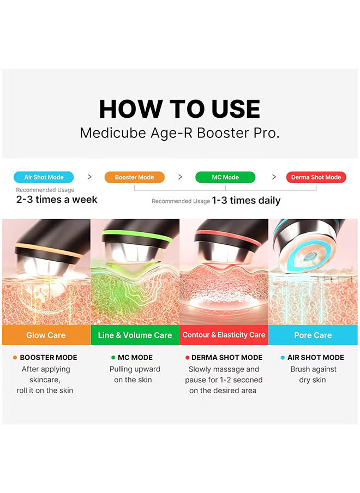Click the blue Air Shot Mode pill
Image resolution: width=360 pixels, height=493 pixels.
point(44,177)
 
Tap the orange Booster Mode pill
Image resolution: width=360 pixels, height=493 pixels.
point(135,177)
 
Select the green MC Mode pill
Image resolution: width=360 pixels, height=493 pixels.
point(225,177)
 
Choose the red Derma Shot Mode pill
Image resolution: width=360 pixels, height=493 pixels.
point(316,177)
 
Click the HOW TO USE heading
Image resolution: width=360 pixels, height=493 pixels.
point(180,109)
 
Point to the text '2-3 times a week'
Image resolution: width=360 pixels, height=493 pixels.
point(57,200)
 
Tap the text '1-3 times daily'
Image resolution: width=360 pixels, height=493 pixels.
point(246,200)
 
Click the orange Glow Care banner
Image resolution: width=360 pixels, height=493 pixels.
point(46,335)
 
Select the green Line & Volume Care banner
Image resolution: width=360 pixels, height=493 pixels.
point(135,335)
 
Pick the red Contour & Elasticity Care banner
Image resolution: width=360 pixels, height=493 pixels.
point(224,335)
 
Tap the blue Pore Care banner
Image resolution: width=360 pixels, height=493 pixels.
point(313,335)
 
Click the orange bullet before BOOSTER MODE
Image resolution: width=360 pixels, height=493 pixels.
point(15,358)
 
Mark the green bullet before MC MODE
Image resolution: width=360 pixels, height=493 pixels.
point(113,358)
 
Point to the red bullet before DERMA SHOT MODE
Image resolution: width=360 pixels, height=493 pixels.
point(188,358)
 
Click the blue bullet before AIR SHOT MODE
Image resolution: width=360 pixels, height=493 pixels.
point(283,358)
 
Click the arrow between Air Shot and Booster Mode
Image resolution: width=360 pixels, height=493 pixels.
point(89,177)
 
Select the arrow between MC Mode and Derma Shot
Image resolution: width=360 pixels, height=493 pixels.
point(274,177)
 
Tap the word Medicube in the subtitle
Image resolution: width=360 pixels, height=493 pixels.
point(113,133)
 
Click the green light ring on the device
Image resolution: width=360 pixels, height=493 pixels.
point(137,235)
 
